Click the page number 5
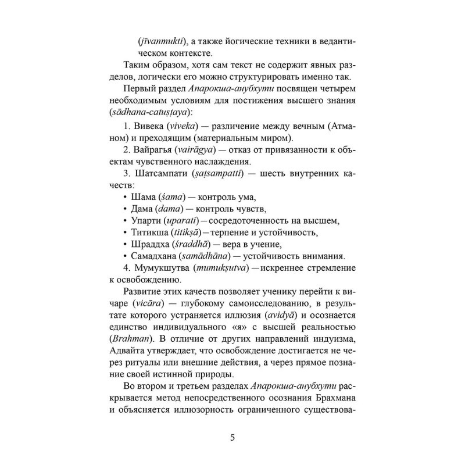click(232, 438)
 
